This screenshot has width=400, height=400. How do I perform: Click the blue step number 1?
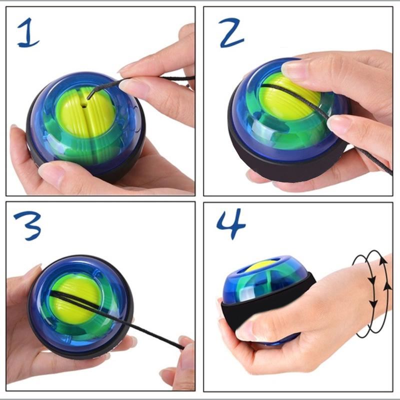(x=28, y=32)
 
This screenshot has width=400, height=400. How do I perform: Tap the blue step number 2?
(x=231, y=32)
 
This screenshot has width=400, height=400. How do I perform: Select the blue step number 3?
(x=28, y=226)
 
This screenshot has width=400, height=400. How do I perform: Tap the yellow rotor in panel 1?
(x=85, y=111)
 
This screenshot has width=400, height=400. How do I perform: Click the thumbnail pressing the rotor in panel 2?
(x=293, y=68)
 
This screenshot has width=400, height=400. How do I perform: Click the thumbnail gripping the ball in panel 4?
(x=244, y=330)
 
